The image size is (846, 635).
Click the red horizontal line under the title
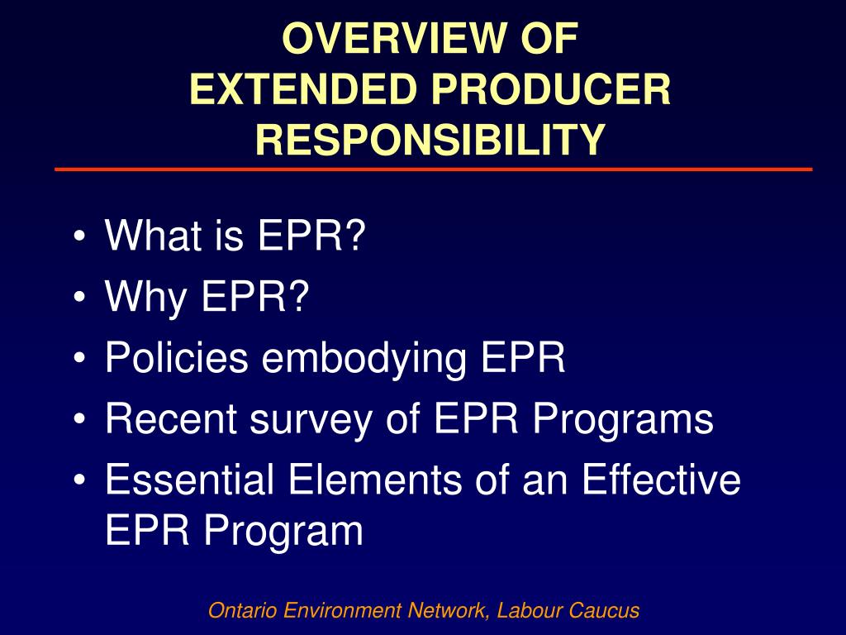pos(433,169)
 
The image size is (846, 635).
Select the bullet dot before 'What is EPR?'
pos(78,238)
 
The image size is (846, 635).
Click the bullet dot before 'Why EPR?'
pos(78,298)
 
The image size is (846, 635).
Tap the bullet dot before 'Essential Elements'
pos(78,480)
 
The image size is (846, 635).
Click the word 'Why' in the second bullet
pos(145,298)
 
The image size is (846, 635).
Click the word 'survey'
pos(314,419)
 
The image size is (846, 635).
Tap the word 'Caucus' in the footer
pos(608,611)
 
